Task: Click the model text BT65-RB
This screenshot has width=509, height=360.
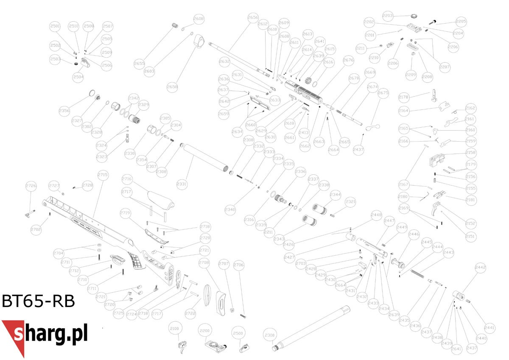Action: click(x=38, y=301)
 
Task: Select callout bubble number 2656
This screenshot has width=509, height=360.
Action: click(x=253, y=18)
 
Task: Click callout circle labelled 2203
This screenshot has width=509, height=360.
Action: click(x=388, y=16)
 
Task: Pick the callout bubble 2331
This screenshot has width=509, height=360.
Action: click(x=182, y=184)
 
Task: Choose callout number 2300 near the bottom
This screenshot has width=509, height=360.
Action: click(x=270, y=335)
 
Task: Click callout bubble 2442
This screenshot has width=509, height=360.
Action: click(x=481, y=268)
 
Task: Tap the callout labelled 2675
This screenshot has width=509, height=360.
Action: click(x=383, y=93)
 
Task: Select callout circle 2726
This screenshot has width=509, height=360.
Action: click(x=31, y=185)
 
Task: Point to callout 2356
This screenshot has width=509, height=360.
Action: click(x=64, y=111)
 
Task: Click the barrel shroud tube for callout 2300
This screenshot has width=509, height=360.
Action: click(x=312, y=328)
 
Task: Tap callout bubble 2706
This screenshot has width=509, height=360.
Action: click(x=239, y=265)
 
